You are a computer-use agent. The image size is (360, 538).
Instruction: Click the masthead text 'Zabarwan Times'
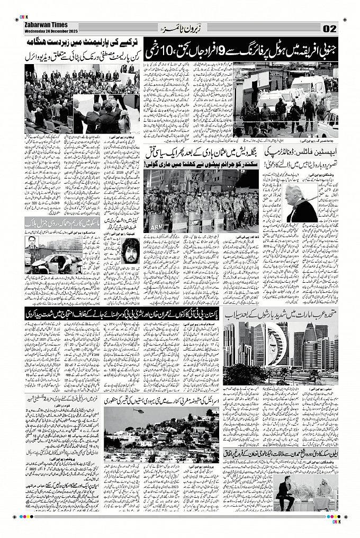46,25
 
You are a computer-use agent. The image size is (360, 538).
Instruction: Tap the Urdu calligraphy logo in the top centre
180,28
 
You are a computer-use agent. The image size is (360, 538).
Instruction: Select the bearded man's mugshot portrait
128,252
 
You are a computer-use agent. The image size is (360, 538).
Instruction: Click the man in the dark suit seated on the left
284,492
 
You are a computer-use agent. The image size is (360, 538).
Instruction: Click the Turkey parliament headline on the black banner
82,42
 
